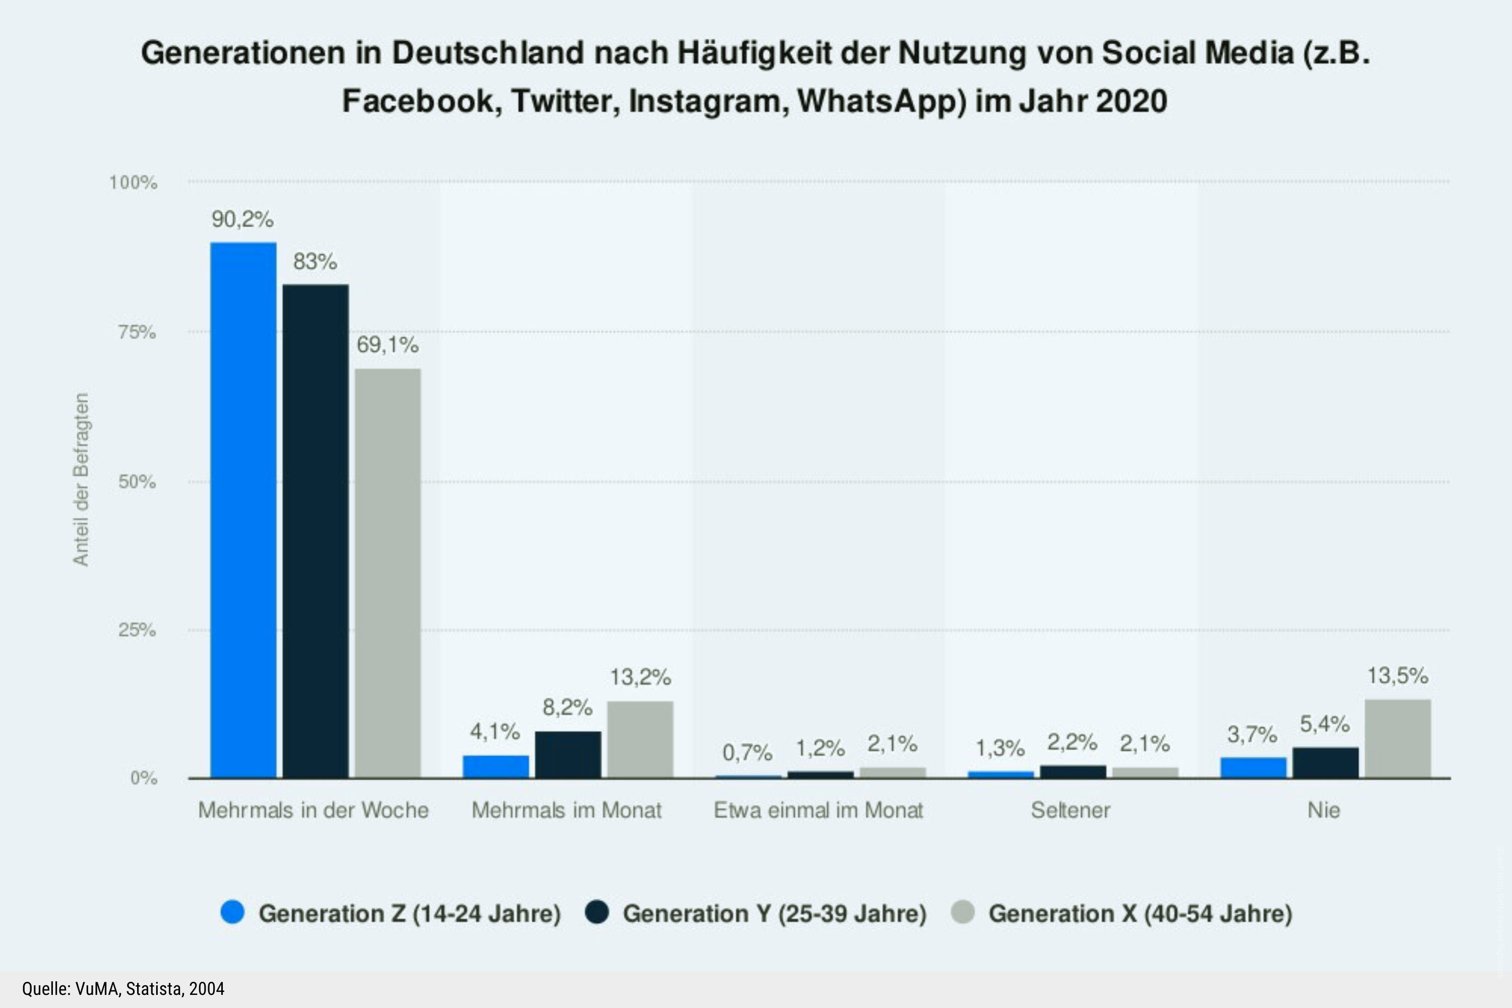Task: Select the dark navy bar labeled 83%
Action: (316, 531)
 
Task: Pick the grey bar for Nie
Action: (1398, 739)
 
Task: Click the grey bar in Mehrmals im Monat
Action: (640, 739)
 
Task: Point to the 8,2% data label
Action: (567, 708)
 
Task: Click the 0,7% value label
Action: (747, 752)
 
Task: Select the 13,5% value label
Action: (1397, 676)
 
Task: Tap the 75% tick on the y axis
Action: (137, 332)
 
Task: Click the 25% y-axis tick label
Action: (137, 630)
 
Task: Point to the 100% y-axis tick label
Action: (133, 182)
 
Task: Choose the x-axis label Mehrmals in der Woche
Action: (313, 810)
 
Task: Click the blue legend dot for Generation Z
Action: (232, 913)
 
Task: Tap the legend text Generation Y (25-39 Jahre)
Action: (774, 913)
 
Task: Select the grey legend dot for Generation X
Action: (962, 913)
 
